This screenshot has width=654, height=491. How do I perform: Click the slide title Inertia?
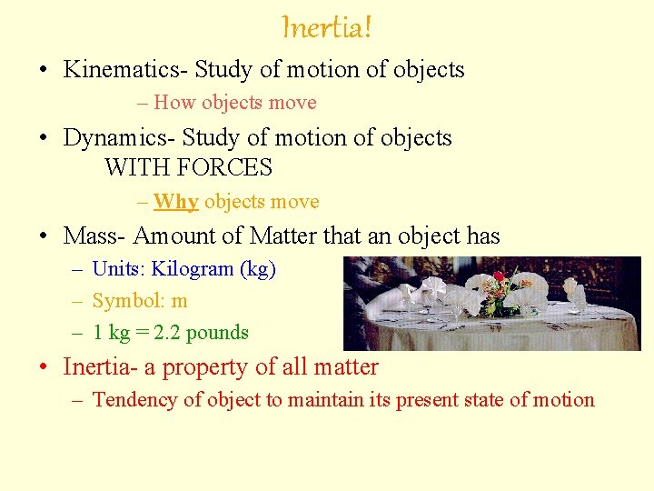(327, 27)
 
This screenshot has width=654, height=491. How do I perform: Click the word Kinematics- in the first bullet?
(125, 70)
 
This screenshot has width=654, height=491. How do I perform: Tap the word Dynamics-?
(119, 138)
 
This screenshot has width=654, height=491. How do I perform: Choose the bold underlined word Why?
(176, 202)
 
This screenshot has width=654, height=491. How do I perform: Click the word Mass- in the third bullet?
(95, 236)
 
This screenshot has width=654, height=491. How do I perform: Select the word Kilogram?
(190, 269)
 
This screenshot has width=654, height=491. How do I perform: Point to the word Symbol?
(125, 301)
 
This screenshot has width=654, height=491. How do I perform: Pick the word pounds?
(220, 333)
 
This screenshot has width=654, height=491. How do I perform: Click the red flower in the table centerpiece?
(499, 276)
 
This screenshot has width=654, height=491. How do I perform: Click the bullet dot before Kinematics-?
(44, 71)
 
